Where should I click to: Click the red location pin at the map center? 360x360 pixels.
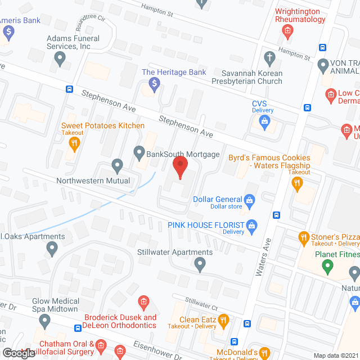pos(179,168)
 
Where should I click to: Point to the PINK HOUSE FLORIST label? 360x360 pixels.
pos(206,225)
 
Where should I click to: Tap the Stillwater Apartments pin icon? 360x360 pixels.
pos(200,263)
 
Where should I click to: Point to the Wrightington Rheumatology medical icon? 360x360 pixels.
pos(288,30)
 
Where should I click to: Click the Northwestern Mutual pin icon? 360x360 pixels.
pos(117,166)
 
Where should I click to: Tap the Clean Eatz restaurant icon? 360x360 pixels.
pos(223,321)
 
